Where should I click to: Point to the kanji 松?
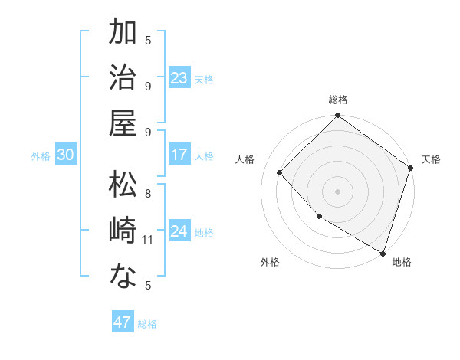coord(124,185)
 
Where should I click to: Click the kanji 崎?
coord(124,231)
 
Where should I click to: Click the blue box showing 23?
coord(179,77)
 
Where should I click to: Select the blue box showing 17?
coord(179,155)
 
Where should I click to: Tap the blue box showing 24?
coord(179,231)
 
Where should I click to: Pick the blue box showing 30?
coord(66,155)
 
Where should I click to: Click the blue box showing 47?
coord(123,322)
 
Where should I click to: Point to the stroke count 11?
coord(148,240)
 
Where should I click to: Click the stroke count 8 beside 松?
coord(148,194)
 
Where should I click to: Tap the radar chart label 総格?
coord(337,100)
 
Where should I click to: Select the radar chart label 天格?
coord(431,159)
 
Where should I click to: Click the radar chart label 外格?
coord(270,262)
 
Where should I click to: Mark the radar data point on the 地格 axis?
coord(383,253)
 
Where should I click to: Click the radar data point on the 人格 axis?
coord(280,172)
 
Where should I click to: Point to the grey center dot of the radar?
coord(337,191)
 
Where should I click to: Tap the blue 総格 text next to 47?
coord(147,324)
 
